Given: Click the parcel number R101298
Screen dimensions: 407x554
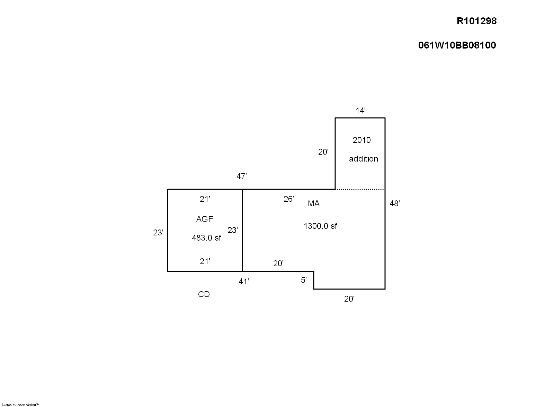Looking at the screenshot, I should click(x=476, y=21).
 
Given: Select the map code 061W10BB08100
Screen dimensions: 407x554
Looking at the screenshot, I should click(x=457, y=45).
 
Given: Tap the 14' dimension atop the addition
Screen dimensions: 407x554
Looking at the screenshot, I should click(x=360, y=111).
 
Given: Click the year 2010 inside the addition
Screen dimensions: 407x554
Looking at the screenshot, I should click(x=361, y=140).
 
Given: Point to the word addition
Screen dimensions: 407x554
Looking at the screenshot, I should click(x=363, y=159).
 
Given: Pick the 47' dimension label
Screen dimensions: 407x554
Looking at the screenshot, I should click(x=242, y=176).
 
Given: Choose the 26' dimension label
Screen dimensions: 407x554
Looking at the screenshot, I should click(x=289, y=199).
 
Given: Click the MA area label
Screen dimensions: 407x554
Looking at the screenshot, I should click(x=314, y=204).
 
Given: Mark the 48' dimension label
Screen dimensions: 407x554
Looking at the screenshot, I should click(x=395, y=203).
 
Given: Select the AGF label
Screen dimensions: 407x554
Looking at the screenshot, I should click(x=205, y=219).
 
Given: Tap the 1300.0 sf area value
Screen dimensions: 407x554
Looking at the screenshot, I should click(x=320, y=226).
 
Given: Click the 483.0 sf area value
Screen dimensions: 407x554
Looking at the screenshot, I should click(x=206, y=238).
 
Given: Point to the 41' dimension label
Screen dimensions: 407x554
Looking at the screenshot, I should click(x=244, y=282).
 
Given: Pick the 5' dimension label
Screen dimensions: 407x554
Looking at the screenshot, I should click(x=304, y=280).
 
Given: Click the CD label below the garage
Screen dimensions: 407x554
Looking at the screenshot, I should click(x=204, y=294).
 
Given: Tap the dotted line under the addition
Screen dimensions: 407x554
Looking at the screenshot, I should click(x=360, y=189).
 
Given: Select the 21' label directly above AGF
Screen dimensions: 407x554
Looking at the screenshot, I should click(x=205, y=199).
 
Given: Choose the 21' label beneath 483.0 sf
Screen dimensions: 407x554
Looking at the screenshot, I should click(x=205, y=261).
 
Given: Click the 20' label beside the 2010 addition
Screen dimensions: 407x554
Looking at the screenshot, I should click(x=323, y=152).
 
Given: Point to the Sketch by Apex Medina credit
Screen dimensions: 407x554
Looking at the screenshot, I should click(x=20, y=405).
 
